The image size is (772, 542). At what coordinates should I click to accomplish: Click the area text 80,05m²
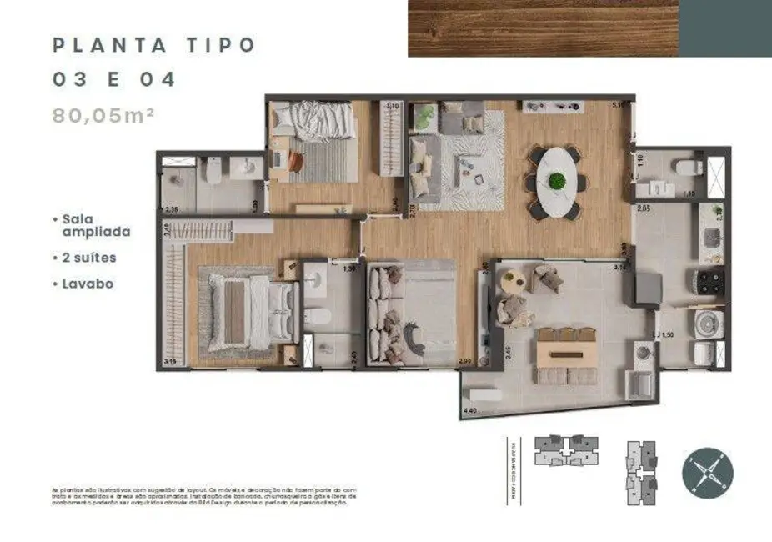coord(104,116)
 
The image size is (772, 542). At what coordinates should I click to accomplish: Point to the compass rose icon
coord(708,473)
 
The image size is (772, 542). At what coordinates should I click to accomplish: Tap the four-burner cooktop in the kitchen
coord(710,283)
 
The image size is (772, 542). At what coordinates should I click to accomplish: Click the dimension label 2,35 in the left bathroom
coord(173,209)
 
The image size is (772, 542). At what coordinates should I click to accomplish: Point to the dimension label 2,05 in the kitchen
coord(644,208)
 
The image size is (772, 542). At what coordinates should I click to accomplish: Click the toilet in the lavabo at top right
coord(687,168)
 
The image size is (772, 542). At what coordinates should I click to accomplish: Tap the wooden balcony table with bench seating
coord(567,354)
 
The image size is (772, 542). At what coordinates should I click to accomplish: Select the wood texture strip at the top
coord(543,28)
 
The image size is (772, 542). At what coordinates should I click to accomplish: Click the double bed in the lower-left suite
coord(250,312)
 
